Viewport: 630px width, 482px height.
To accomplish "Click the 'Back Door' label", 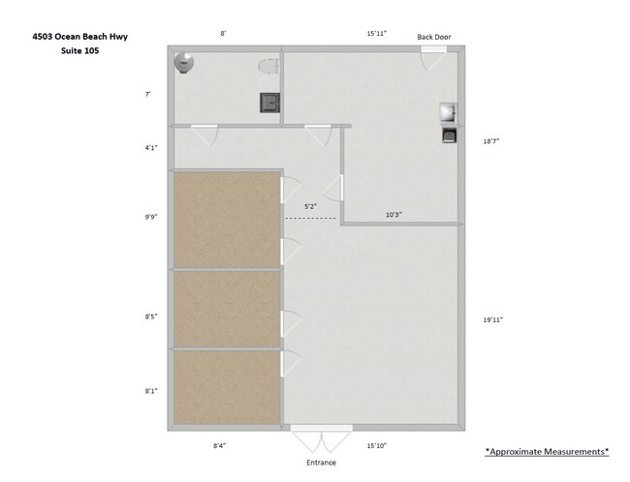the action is tap(434, 37).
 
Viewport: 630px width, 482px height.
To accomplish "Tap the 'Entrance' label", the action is tap(321, 463).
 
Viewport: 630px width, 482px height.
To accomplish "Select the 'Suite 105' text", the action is tap(79, 50).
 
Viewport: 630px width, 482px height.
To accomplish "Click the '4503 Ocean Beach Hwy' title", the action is tap(79, 37).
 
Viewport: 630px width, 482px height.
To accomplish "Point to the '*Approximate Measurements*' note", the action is tap(547, 451).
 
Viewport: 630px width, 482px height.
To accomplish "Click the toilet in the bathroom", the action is tap(268, 67).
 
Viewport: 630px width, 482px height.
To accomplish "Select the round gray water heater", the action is tap(184, 63).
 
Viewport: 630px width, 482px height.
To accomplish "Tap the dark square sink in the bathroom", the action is tap(269, 103).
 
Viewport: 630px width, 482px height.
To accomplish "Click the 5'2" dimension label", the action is tap(310, 207).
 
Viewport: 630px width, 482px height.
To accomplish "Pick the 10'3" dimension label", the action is tap(394, 215).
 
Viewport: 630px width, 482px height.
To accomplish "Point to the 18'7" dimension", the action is tap(491, 141).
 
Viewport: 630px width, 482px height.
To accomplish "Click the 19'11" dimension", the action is tap(493, 319).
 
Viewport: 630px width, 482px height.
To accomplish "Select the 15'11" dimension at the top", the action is tap(376, 33).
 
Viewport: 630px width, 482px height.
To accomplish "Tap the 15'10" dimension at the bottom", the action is tap(376, 445).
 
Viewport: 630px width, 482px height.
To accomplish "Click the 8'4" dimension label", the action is tap(219, 445).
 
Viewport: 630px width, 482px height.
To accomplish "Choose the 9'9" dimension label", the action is tap(151, 217).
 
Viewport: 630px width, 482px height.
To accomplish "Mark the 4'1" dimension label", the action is tap(151, 148).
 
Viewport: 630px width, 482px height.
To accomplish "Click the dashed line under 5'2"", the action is tap(310, 219).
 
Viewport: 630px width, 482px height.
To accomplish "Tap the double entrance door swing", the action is tap(322, 439).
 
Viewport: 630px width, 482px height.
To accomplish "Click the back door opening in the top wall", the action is tap(433, 49).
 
